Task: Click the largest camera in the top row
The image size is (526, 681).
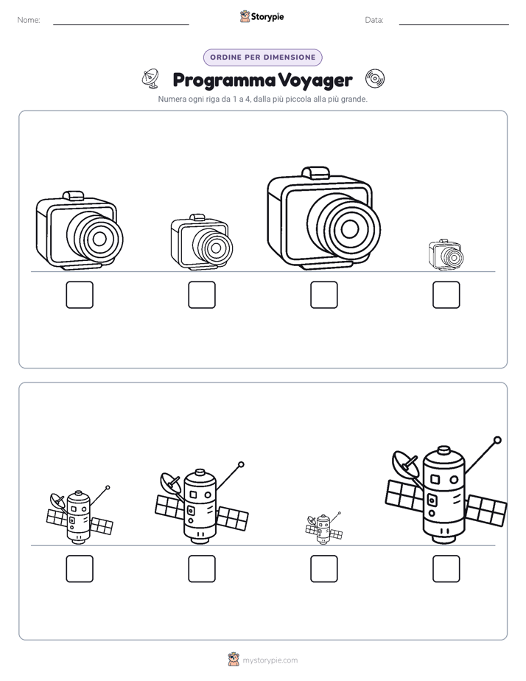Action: tap(323, 218)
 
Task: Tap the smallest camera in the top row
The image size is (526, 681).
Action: tap(446, 254)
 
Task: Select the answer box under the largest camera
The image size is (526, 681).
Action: tap(323, 295)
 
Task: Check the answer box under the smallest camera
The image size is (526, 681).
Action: tap(446, 295)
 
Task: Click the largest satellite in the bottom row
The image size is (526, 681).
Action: tap(446, 491)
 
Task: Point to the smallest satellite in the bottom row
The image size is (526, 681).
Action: tap(323, 528)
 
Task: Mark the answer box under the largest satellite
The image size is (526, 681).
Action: tap(446, 568)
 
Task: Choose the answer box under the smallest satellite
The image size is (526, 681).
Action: tap(323, 568)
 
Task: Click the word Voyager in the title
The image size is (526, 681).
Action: tap(315, 80)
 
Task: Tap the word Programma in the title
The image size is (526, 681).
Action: tap(224, 80)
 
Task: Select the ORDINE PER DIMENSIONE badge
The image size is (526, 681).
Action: tap(262, 57)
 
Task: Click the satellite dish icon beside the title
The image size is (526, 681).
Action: tap(150, 78)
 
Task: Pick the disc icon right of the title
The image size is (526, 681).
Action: tap(374, 79)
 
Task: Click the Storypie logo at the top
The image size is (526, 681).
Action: tap(262, 17)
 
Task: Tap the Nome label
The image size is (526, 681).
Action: tap(29, 20)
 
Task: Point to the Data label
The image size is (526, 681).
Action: tap(374, 20)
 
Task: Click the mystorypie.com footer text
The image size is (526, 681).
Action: tap(270, 660)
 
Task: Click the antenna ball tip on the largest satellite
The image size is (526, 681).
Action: tap(498, 441)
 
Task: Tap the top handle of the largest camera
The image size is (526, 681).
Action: tap(315, 172)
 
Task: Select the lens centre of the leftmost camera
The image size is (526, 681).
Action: tap(99, 238)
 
